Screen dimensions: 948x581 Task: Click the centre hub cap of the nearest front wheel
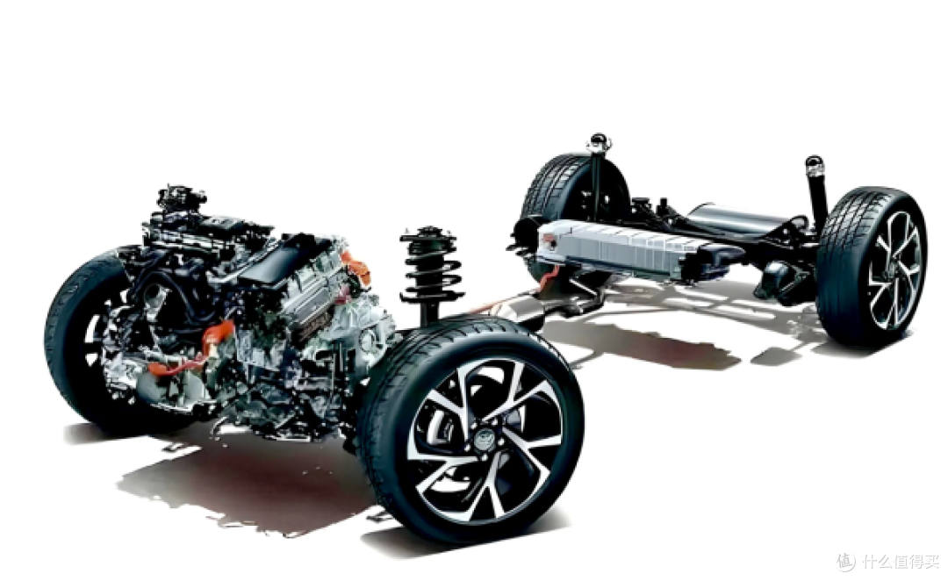485,436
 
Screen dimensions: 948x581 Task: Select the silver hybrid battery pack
622,247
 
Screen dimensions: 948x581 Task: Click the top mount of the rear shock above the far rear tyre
599,143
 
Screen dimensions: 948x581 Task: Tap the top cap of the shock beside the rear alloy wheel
814,164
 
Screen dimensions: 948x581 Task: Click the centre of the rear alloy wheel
895,269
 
